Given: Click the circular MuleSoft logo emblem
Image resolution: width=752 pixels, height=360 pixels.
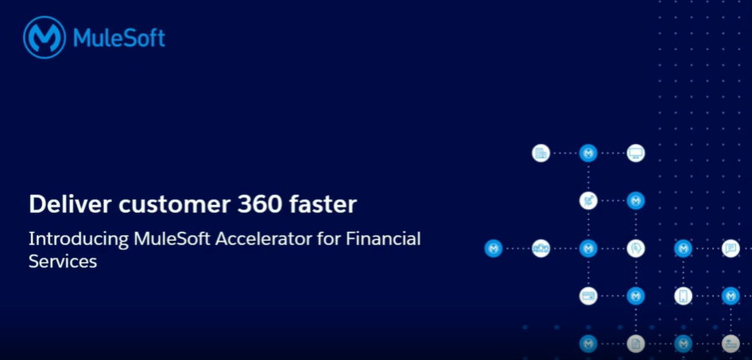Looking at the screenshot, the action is click(x=45, y=37).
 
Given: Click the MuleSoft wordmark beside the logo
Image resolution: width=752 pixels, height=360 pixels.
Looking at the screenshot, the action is click(x=119, y=38).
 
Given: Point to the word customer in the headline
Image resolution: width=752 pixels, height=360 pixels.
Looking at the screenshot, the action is click(x=175, y=205).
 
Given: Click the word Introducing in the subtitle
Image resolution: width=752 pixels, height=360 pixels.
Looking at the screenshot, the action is click(x=78, y=239).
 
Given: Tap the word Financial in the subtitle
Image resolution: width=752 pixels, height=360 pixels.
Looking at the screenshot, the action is click(x=383, y=238).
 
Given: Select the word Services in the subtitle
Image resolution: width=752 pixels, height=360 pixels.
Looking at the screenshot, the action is click(x=63, y=261).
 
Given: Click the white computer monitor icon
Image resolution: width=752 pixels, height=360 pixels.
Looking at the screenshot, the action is click(x=635, y=153).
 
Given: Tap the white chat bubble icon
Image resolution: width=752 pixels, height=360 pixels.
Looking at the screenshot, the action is click(x=731, y=248).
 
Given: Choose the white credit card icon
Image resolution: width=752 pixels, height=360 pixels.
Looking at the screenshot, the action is click(x=588, y=296).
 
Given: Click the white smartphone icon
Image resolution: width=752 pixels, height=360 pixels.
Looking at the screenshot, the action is click(x=683, y=296).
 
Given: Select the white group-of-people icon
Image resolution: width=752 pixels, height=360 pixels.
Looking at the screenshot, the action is click(x=541, y=248).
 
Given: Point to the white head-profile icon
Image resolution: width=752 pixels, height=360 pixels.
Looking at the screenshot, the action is click(x=635, y=248).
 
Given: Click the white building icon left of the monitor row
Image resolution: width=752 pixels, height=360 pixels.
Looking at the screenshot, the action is click(x=541, y=153).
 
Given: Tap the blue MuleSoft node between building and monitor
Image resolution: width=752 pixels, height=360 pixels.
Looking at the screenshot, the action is click(x=588, y=153).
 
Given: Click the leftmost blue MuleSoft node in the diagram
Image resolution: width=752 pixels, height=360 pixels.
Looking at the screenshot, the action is click(x=493, y=248).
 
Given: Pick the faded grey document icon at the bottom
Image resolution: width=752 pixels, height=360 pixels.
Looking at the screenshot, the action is click(x=635, y=343).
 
